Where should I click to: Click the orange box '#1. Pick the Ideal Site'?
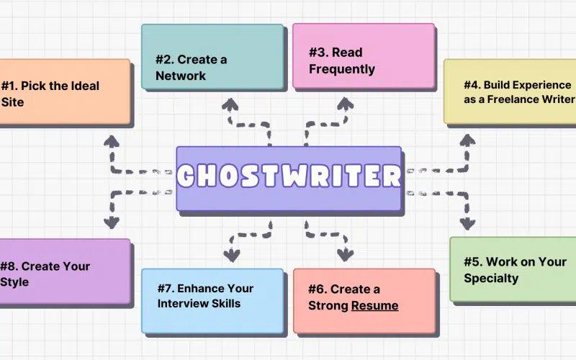(x=65, y=92)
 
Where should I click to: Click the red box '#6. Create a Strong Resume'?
(x=364, y=300)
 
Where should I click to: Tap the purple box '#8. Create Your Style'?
(x=65, y=272)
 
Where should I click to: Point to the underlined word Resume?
(x=374, y=306)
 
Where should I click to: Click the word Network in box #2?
(x=181, y=76)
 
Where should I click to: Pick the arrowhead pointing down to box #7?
(x=231, y=255)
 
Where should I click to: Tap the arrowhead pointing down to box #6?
(x=344, y=255)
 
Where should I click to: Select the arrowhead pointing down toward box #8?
(x=111, y=222)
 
